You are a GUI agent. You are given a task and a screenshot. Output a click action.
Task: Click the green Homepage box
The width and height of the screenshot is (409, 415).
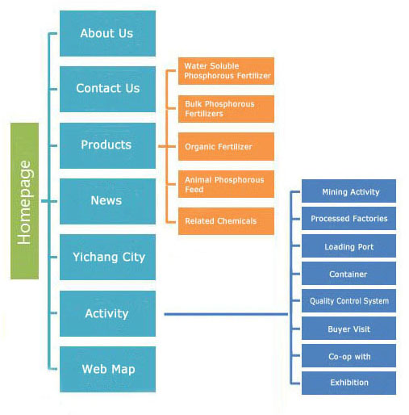tap(24, 201)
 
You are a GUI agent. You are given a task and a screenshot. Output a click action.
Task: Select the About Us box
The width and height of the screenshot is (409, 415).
tap(107, 33)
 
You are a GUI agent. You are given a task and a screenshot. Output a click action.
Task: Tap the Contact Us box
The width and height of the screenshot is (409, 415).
tap(107, 89)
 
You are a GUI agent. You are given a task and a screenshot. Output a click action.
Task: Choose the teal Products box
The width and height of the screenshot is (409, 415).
tap(107, 145)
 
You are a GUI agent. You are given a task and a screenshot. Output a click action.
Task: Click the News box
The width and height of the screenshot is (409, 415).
tap(107, 201)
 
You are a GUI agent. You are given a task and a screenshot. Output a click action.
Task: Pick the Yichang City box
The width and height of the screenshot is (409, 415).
tap(107, 257)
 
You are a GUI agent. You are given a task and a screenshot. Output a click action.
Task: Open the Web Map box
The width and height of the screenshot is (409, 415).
tap(107, 369)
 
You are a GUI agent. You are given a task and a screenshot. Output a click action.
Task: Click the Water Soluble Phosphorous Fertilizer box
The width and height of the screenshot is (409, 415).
tap(226, 71)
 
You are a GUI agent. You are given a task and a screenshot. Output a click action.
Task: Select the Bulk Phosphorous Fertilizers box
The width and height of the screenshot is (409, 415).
tap(226, 109)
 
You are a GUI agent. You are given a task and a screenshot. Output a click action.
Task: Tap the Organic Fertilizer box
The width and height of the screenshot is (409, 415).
tap(226, 147)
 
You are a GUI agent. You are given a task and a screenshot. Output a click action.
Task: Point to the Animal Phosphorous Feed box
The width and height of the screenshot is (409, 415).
tap(226, 184)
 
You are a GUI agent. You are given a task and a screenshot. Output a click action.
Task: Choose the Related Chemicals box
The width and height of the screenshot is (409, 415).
tap(226, 221)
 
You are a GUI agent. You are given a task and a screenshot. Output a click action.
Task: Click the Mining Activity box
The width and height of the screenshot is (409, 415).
tap(348, 191)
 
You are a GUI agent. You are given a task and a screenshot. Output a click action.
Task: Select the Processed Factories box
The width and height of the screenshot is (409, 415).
tap(348, 218)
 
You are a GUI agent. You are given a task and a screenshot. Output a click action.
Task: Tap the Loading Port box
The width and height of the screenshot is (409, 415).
tap(348, 246)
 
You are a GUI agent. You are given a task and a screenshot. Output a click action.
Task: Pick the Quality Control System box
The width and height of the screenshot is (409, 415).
tap(348, 301)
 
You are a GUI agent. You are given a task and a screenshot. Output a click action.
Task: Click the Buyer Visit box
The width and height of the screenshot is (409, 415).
tap(348, 329)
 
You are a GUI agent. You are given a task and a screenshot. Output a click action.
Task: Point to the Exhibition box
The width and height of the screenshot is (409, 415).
tap(348, 383)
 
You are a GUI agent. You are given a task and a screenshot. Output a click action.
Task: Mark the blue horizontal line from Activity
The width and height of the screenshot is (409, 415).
tap(226, 314)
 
